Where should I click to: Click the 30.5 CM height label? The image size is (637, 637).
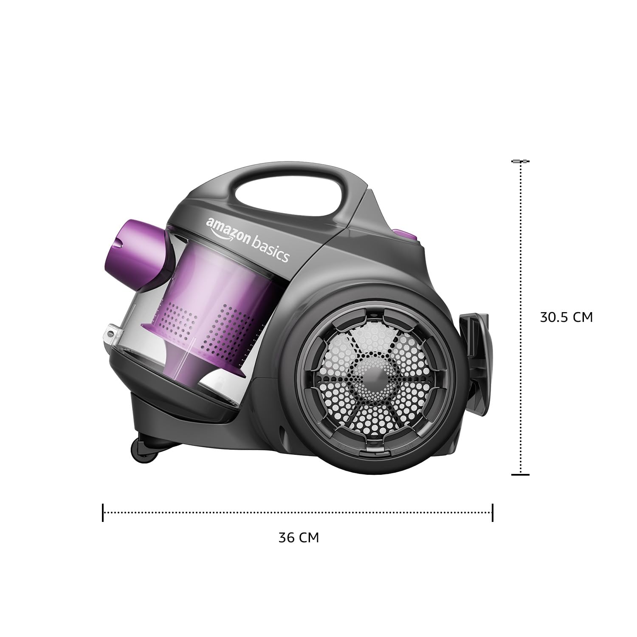[566, 317]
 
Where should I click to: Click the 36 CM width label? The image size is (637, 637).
[299, 538]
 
